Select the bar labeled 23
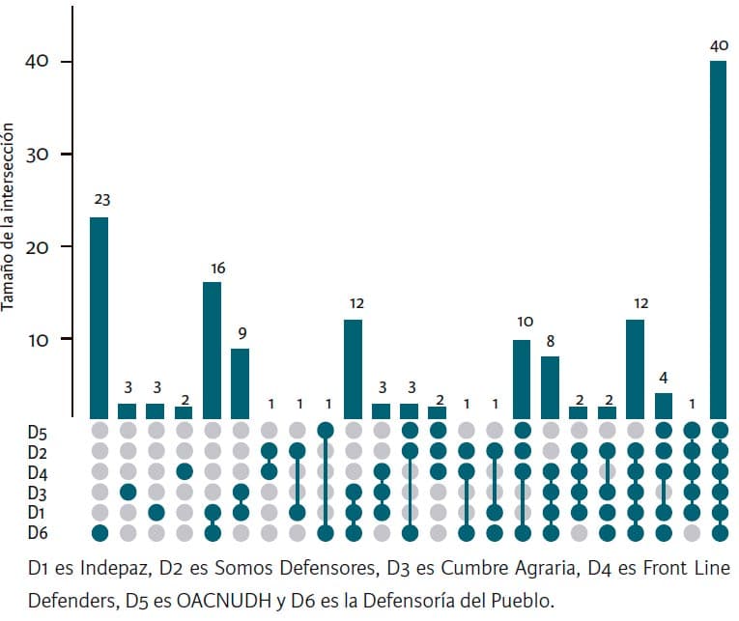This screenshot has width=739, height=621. (x=99, y=318)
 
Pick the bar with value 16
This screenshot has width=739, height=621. (x=212, y=350)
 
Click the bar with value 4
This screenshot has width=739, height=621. (x=663, y=406)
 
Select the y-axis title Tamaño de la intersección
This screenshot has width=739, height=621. (x=9, y=212)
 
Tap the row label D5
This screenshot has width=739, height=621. (x=37, y=430)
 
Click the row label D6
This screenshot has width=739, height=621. (x=37, y=532)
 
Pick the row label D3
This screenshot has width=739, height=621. (x=37, y=492)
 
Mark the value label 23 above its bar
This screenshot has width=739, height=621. (x=100, y=201)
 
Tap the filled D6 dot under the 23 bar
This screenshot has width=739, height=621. (x=99, y=532)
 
